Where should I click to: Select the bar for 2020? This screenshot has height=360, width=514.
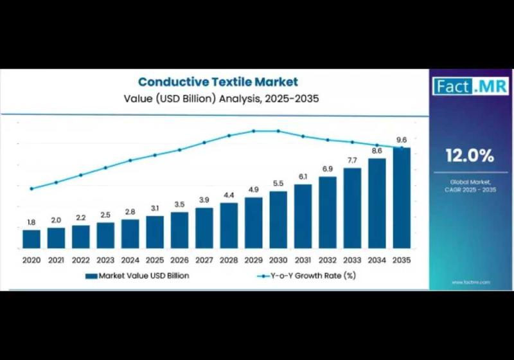point(31,239)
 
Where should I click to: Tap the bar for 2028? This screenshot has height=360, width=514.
point(229,225)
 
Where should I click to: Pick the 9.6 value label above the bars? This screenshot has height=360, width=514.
point(402,140)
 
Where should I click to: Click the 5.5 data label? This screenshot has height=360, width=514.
point(278,183)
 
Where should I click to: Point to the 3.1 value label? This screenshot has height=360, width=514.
point(155,208)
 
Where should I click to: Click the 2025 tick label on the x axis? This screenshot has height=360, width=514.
point(155,260)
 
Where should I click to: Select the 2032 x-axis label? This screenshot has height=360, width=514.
point(328,260)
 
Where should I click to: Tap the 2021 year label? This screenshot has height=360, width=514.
point(56,260)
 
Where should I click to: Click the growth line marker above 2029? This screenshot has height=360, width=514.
point(254,130)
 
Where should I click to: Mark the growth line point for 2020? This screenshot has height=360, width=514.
point(31,188)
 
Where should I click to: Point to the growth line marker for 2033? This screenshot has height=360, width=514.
point(352,142)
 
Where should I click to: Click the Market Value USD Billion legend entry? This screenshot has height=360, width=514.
point(137,275)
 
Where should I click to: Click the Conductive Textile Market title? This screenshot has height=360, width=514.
point(218,82)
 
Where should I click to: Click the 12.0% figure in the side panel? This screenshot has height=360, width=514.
point(470,155)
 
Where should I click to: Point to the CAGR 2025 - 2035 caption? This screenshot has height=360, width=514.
point(470,190)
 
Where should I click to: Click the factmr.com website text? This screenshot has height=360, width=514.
point(470,282)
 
